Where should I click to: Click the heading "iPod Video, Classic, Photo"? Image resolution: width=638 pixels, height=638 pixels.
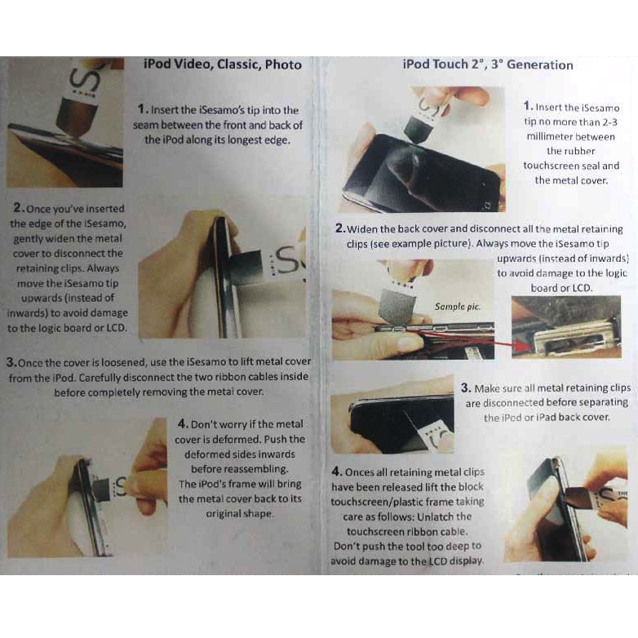pos(223,64)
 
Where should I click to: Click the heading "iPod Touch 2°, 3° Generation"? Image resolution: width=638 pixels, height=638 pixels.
pos(487,64)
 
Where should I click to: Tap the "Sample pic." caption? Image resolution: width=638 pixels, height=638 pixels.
pos(458,307)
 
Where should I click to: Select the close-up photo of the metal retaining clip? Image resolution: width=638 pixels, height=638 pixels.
pos(566,326)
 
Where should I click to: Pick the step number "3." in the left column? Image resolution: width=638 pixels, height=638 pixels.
pos(11,362)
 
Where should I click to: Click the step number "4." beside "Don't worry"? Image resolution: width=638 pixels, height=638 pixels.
pos(183,423)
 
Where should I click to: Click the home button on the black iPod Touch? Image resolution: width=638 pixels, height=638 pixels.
pos(488,204)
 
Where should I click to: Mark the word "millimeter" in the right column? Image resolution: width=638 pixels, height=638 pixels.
pos(550,137)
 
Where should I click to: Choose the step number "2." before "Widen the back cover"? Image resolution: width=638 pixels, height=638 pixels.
pos(340,228)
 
